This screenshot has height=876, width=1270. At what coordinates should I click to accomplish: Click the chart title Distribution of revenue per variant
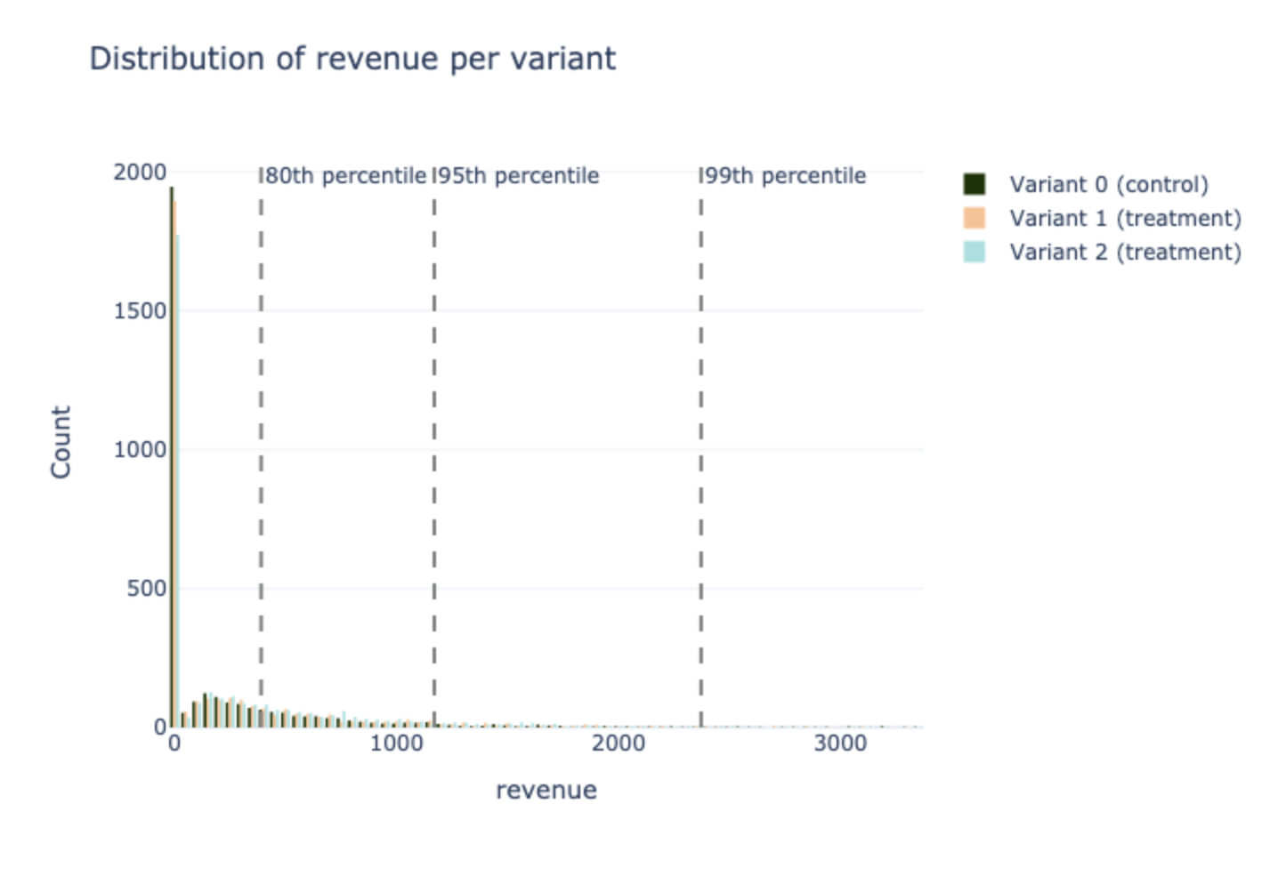pyautogui.click(x=352, y=59)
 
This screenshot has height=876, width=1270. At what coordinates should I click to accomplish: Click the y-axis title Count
pyautogui.click(x=61, y=442)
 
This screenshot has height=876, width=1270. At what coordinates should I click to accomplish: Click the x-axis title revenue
pyautogui.click(x=546, y=790)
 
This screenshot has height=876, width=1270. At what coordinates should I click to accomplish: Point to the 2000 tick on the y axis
pyautogui.click(x=140, y=172)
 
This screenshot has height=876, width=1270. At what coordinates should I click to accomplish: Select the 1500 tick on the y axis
pyautogui.click(x=140, y=310)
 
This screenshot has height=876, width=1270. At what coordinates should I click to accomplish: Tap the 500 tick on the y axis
pyautogui.click(x=146, y=588)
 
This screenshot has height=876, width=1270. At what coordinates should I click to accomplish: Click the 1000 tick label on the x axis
pyautogui.click(x=396, y=743)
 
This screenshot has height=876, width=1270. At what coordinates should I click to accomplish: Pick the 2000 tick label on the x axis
pyautogui.click(x=618, y=743)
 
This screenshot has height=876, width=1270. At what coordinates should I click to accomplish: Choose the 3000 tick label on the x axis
pyautogui.click(x=839, y=743)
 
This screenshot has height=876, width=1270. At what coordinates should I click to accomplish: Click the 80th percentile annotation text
pyautogui.click(x=345, y=176)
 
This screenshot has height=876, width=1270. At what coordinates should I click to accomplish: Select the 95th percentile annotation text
pyautogui.click(x=518, y=176)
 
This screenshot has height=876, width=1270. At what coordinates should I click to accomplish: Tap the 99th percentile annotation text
pyautogui.click(x=785, y=176)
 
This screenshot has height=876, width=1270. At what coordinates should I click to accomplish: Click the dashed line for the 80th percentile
pyautogui.click(x=261, y=445)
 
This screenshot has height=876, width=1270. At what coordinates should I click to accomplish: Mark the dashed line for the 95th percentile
pyautogui.click(x=434, y=445)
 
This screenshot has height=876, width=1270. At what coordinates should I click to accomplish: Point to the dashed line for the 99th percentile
pyautogui.click(x=701, y=445)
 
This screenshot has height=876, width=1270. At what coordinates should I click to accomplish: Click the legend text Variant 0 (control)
pyautogui.click(x=1108, y=185)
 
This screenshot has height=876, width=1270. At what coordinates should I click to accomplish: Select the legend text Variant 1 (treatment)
pyautogui.click(x=1125, y=219)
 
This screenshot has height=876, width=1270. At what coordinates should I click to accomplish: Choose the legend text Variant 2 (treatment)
pyautogui.click(x=1125, y=253)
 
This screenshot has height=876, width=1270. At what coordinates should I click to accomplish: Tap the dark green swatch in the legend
pyautogui.click(x=975, y=185)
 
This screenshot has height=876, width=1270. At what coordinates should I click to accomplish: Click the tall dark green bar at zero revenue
pyautogui.click(x=172, y=445)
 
